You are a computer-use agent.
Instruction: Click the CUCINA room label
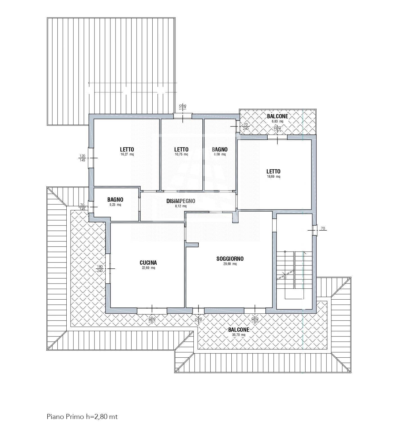pos(148,263)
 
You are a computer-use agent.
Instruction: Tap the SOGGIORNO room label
pos(230,259)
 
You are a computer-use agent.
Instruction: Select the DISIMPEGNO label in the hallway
pos(180,201)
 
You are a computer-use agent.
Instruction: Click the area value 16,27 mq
pos(127,154)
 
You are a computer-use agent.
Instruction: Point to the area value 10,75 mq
pos(181,154)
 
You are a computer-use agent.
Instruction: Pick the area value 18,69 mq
pos(273,177)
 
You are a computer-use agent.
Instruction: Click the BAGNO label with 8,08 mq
pos(220,150)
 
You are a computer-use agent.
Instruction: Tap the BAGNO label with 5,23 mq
pos(115,200)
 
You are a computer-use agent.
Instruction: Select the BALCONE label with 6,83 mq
pos(277,116)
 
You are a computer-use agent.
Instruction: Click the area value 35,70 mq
pos(239,335)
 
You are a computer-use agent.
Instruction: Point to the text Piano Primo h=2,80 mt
pos(82,417)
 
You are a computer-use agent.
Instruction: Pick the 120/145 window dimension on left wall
pos(82,158)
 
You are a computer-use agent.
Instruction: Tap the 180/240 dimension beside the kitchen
pos(100,269)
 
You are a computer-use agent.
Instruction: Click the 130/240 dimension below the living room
pos(255,320)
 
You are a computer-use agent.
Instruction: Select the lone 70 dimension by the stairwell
pos(323,228)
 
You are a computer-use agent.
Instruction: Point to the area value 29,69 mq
pos(230,264)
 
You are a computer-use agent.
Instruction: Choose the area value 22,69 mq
pos(148,268)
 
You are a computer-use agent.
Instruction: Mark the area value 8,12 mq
pos(180,206)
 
